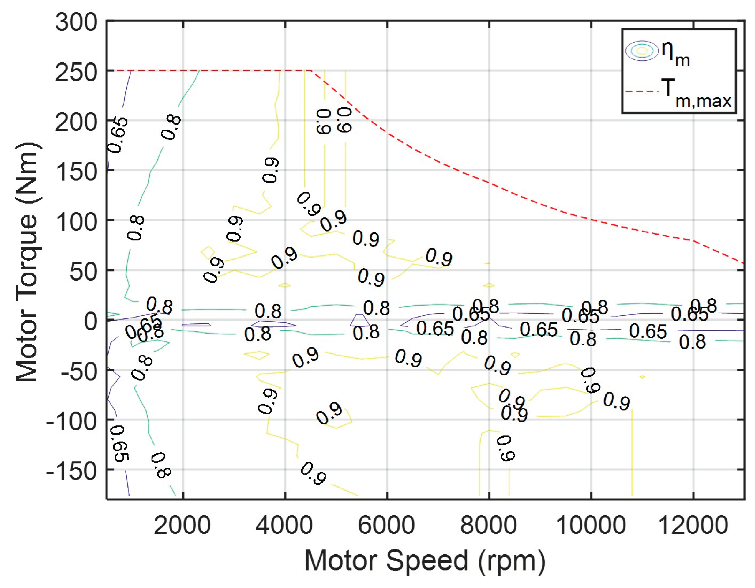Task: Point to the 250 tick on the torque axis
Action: coord(77,73)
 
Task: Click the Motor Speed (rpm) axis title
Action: coord(425,561)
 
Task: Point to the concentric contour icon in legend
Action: coord(642,51)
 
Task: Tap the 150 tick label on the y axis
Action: coord(77,172)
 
